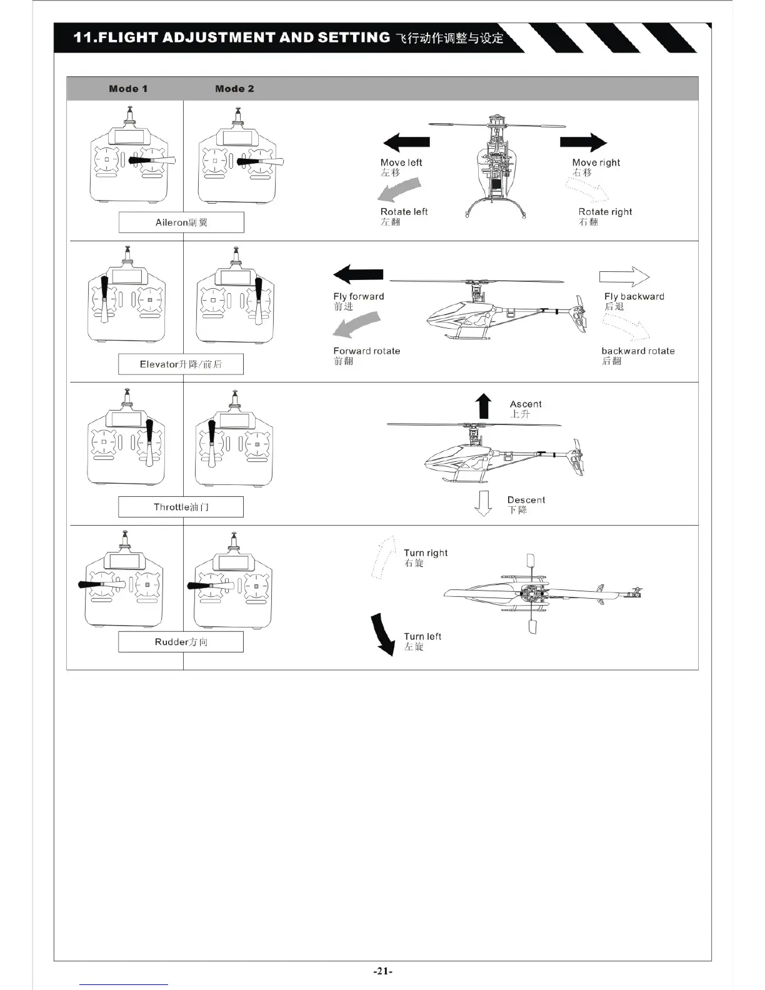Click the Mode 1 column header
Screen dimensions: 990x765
128,89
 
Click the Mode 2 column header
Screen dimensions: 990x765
234,89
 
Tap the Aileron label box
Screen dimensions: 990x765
181,222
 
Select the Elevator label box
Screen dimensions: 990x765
181,364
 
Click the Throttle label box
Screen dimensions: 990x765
181,507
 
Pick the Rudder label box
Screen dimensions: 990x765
181,642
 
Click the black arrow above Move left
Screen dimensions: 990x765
406,142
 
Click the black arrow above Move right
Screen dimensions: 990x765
582,142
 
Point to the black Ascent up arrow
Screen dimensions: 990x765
483,406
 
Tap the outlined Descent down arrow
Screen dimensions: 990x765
482,504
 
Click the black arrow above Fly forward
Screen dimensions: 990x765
359,274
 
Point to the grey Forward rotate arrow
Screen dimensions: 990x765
356,325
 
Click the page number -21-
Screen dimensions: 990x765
382,971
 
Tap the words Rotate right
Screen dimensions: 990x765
605,212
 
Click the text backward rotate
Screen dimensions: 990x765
638,351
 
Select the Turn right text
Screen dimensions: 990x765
426,553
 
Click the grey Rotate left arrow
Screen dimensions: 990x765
400,189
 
